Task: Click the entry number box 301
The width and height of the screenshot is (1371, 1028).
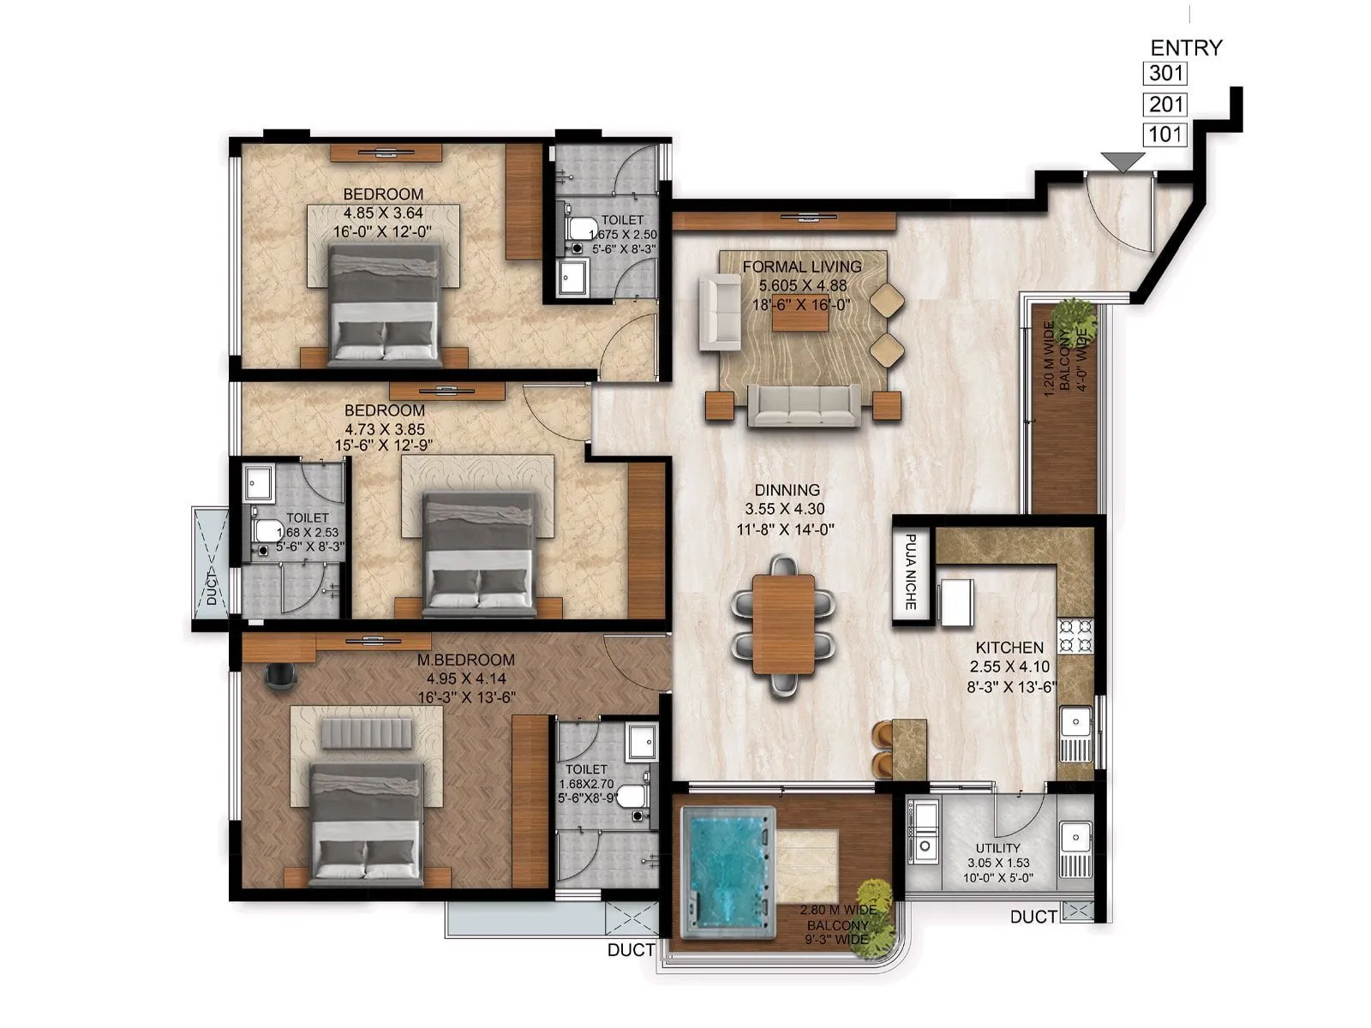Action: [1165, 74]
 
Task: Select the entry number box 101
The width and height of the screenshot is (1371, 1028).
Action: [1165, 134]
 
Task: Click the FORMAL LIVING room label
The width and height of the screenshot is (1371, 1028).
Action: [802, 266]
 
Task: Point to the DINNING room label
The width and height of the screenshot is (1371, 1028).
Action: [787, 490]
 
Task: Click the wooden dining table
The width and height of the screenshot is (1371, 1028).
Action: [783, 624]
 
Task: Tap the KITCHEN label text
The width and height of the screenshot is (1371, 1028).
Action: [1009, 648]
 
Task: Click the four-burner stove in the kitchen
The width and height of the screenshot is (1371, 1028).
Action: [1075, 636]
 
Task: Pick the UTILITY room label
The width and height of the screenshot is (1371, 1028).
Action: [997, 848]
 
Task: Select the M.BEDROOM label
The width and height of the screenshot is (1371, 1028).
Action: [465, 660]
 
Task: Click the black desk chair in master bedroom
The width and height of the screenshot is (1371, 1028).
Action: [280, 674]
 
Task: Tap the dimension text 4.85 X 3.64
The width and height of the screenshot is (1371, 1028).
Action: [383, 212]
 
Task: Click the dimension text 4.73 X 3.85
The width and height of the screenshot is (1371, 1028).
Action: [384, 428]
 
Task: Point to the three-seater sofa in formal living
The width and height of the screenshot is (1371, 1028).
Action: [804, 404]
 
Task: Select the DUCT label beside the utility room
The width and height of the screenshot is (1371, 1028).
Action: [1033, 917]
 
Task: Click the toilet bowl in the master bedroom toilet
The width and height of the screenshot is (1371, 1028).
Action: [632, 796]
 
